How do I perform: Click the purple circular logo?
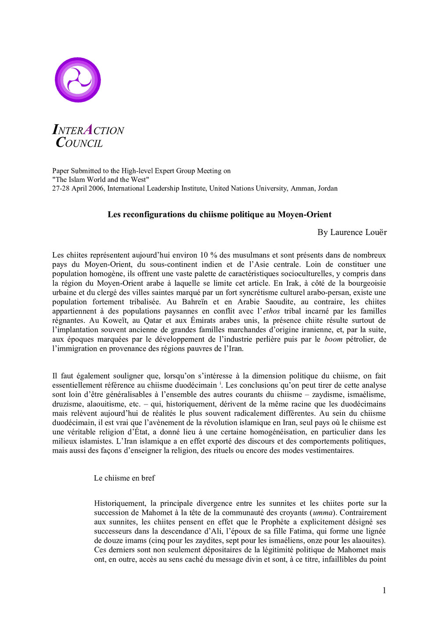[x=78, y=80]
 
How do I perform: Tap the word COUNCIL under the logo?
[x=79, y=143]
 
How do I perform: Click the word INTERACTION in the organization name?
[x=88, y=130]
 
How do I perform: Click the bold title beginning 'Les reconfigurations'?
[x=219, y=215]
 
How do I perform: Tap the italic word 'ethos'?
[x=271, y=311]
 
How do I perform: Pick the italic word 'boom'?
[x=333, y=339]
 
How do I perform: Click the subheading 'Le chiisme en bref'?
[x=124, y=478]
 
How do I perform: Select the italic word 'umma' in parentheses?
[x=323, y=513]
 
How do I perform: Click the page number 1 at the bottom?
[x=384, y=591]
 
